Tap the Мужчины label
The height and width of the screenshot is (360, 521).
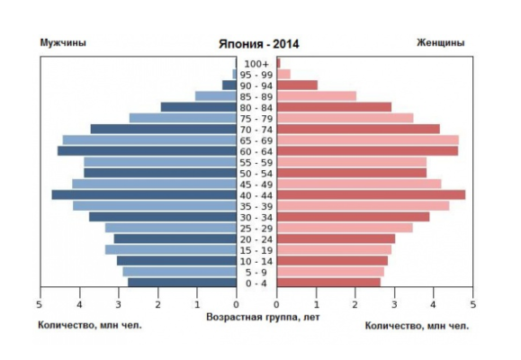point(62,42)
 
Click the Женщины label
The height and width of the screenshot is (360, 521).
point(440,42)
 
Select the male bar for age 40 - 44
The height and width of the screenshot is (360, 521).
point(144,194)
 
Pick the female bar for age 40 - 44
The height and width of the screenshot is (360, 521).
point(371,194)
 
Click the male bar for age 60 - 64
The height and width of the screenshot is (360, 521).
point(147,150)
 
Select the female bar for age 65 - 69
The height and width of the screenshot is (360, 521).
point(367,139)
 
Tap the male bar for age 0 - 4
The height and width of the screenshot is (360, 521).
point(182,283)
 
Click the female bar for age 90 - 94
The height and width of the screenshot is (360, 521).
point(297,85)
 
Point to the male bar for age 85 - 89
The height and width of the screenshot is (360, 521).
point(216,95)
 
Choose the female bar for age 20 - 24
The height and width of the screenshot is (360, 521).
point(336,238)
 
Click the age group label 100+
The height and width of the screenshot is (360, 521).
point(256,63)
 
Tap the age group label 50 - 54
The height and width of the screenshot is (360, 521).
point(256,173)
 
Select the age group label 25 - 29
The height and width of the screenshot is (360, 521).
point(256,228)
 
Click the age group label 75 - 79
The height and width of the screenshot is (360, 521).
point(256,118)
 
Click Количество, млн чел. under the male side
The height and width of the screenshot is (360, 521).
point(90,325)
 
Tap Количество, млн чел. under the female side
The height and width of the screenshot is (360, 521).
point(418,325)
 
